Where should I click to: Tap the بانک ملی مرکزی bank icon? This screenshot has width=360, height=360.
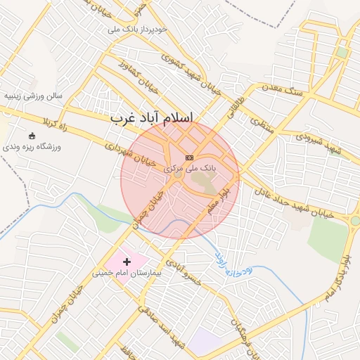pos(189,157)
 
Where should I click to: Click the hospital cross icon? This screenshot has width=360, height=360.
pos(127,262)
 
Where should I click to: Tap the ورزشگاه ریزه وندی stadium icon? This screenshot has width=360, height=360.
pos(32,136)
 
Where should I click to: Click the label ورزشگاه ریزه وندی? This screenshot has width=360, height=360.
pos(32,147)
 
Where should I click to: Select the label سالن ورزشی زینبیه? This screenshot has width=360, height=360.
pos(32,94)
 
